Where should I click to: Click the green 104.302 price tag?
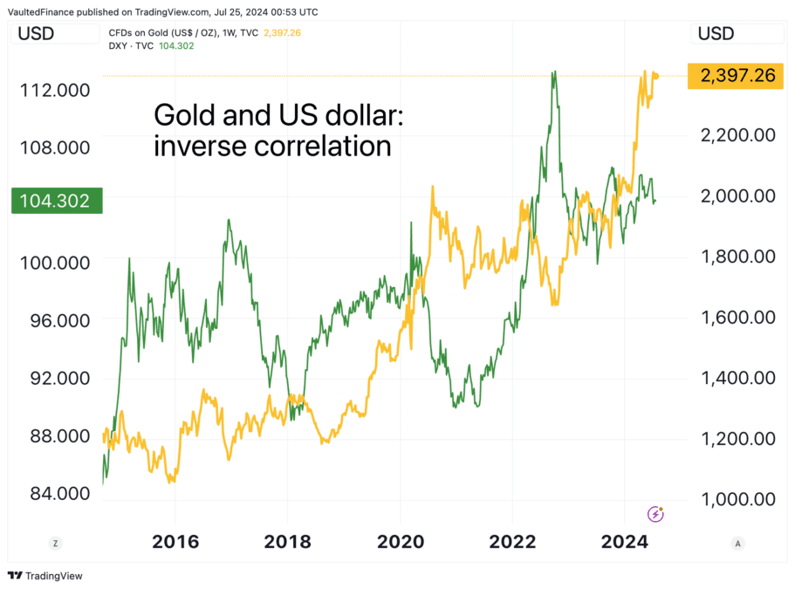(57, 201)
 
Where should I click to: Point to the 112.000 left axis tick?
(54, 90)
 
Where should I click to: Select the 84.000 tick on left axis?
(54, 494)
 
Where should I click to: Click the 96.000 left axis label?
(54, 320)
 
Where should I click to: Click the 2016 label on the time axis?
(175, 542)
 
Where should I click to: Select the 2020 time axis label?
(401, 542)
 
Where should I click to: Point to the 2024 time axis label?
(626, 542)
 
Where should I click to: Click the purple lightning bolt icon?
(655, 514)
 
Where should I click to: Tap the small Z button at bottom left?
(55, 543)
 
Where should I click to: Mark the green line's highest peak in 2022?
(552, 73)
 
